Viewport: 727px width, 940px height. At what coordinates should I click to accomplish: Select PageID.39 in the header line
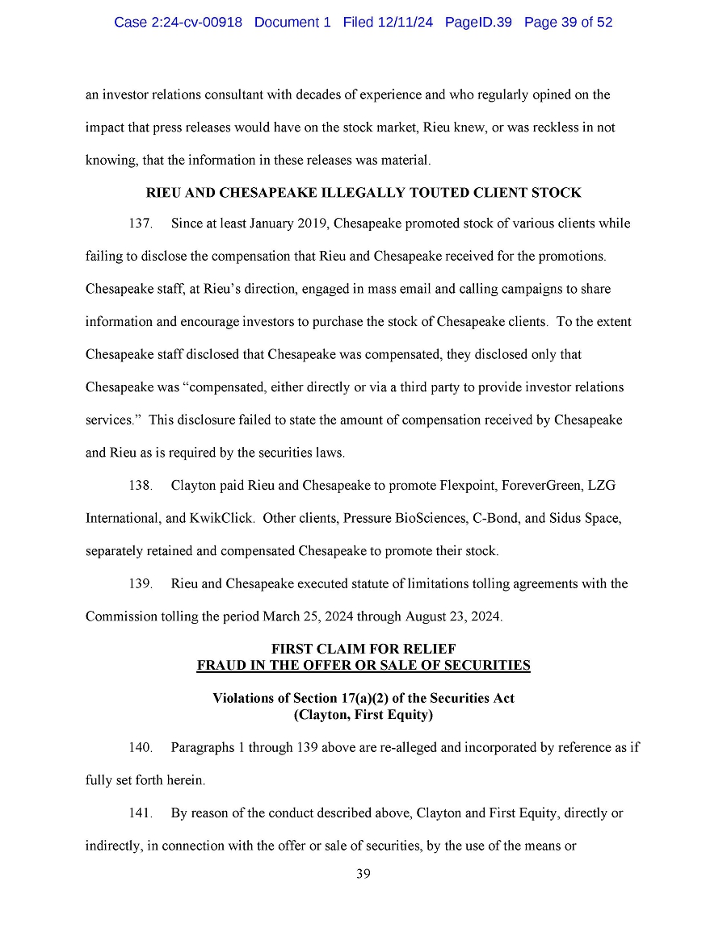pyautogui.click(x=478, y=23)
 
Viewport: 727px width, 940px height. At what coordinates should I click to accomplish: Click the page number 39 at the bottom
pyautogui.click(x=363, y=874)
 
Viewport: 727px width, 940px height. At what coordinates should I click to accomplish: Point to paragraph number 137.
pyautogui.click(x=141, y=224)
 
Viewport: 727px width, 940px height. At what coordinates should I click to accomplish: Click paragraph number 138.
pyautogui.click(x=141, y=486)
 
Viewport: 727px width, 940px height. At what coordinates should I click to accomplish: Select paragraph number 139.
pyautogui.click(x=141, y=584)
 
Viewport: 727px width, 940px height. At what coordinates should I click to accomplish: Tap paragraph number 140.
pyautogui.click(x=141, y=748)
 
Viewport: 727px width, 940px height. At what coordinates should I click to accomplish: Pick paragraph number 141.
pyautogui.click(x=141, y=813)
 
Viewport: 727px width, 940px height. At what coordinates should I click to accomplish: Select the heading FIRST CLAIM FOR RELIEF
pyautogui.click(x=363, y=650)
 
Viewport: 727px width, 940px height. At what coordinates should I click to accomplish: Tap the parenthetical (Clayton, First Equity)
pyautogui.click(x=363, y=715)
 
